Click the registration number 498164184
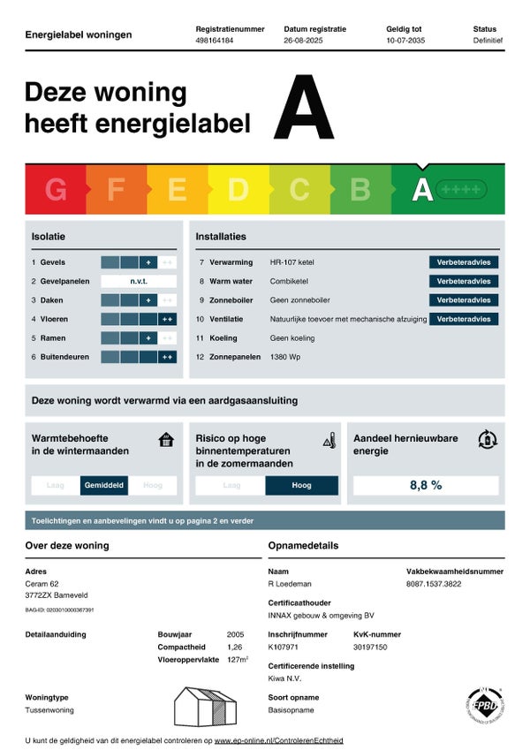(216, 41)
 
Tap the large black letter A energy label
(304, 110)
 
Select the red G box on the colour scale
(56, 189)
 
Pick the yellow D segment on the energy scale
(238, 189)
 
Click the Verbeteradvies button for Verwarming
(464, 262)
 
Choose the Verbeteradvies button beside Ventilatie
(464, 319)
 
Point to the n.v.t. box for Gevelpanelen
(139, 281)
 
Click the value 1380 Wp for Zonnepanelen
(286, 357)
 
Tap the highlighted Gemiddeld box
(104, 485)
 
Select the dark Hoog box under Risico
(301, 485)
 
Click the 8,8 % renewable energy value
(426, 485)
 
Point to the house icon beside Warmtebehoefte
(166, 439)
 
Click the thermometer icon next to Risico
(329, 440)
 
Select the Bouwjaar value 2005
(235, 634)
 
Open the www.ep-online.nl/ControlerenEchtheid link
(279, 740)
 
